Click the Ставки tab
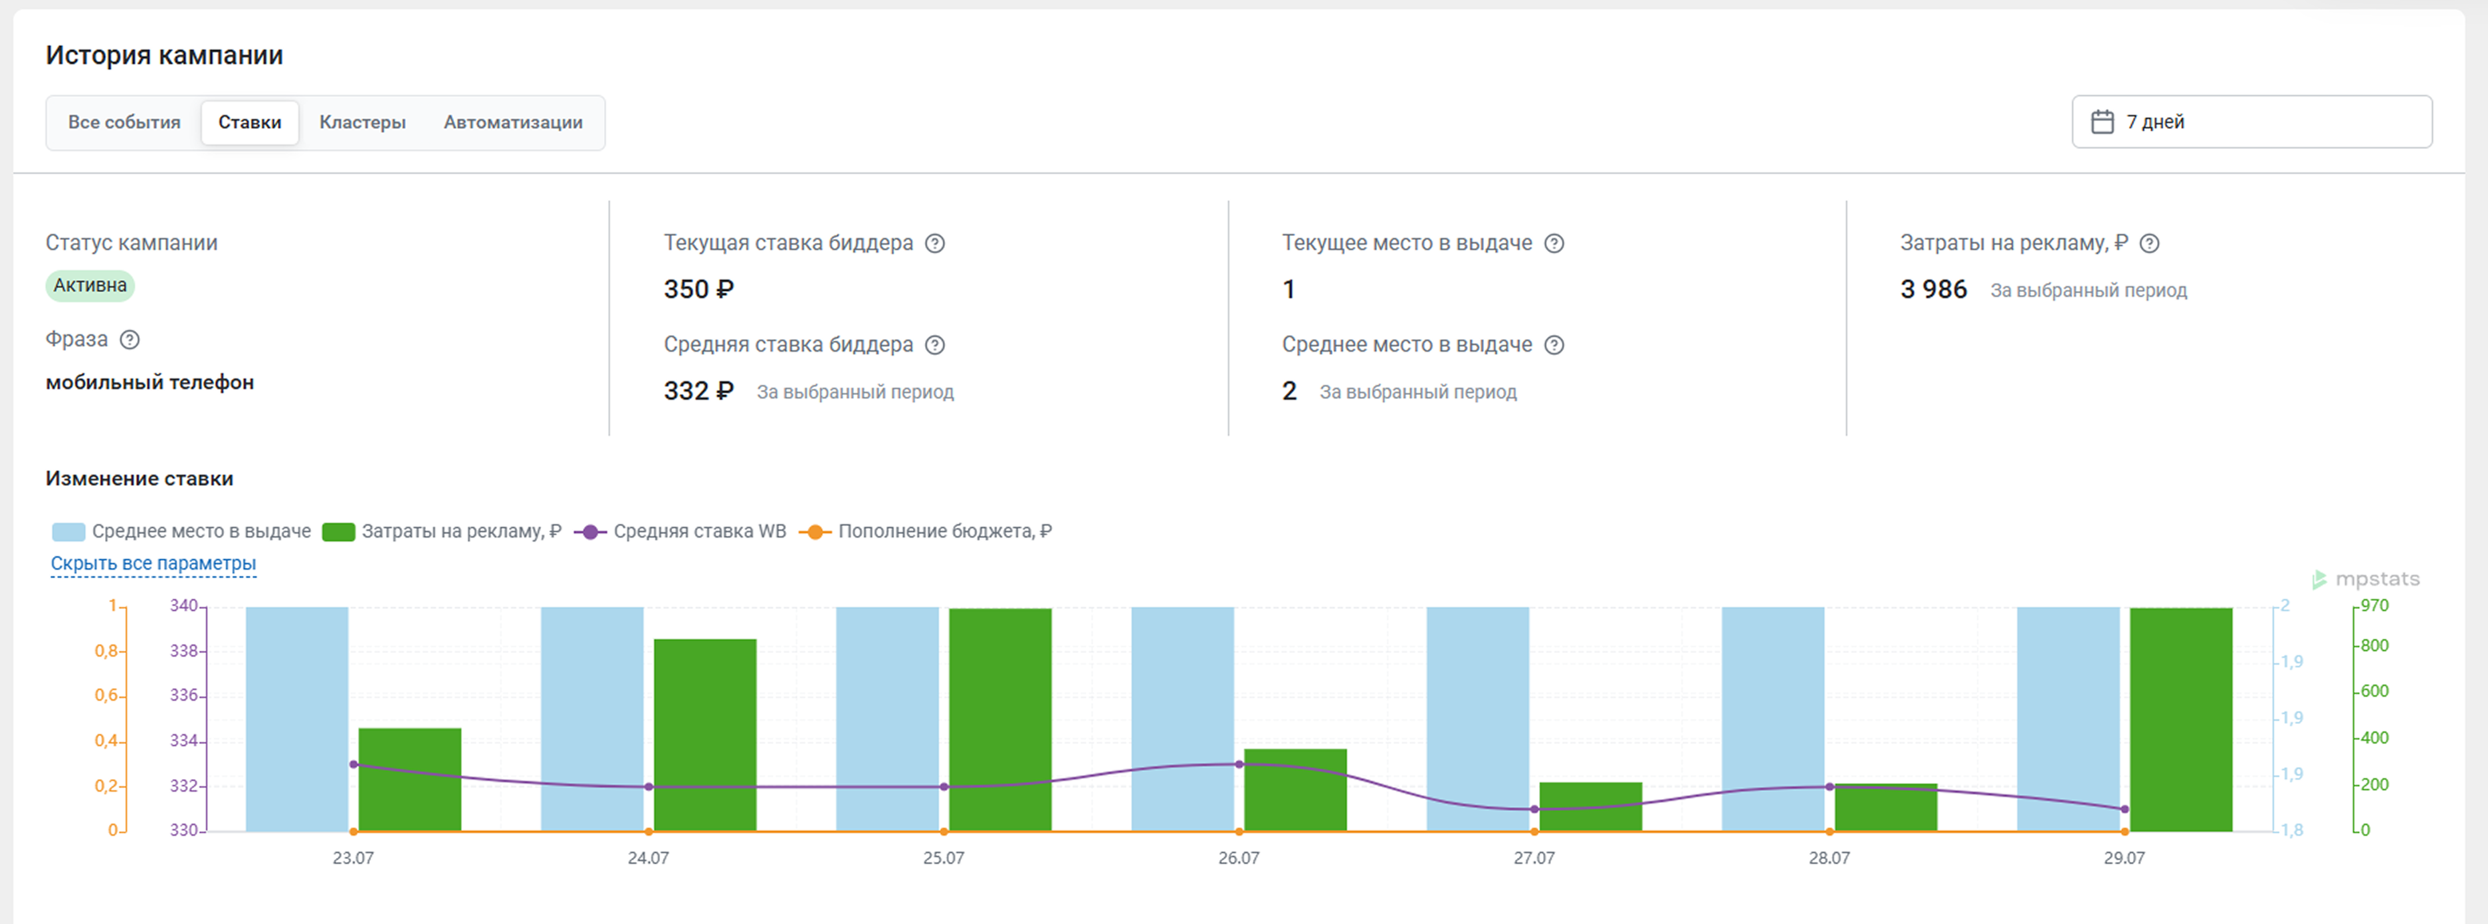pyautogui.click(x=249, y=122)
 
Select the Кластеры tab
pyautogui.click(x=362, y=122)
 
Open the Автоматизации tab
pyautogui.click(x=513, y=122)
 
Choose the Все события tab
pyautogui.click(x=124, y=122)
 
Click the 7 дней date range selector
pyautogui.click(x=2251, y=122)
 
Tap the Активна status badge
pyautogui.click(x=90, y=285)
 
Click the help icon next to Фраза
pyautogui.click(x=130, y=340)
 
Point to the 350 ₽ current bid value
pyautogui.click(x=698, y=290)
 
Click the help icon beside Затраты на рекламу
pyautogui.click(x=2149, y=243)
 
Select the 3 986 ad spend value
pyautogui.click(x=1933, y=290)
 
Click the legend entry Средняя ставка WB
pyautogui.click(x=680, y=531)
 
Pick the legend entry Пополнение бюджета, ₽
pyautogui.click(x=925, y=531)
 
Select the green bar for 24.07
pyautogui.click(x=705, y=735)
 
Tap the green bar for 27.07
pyautogui.click(x=1590, y=806)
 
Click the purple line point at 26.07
pyautogui.click(x=1239, y=765)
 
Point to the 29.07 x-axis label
pyautogui.click(x=2124, y=857)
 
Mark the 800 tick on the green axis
pyautogui.click(x=2374, y=646)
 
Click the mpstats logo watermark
pyautogui.click(x=2366, y=579)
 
